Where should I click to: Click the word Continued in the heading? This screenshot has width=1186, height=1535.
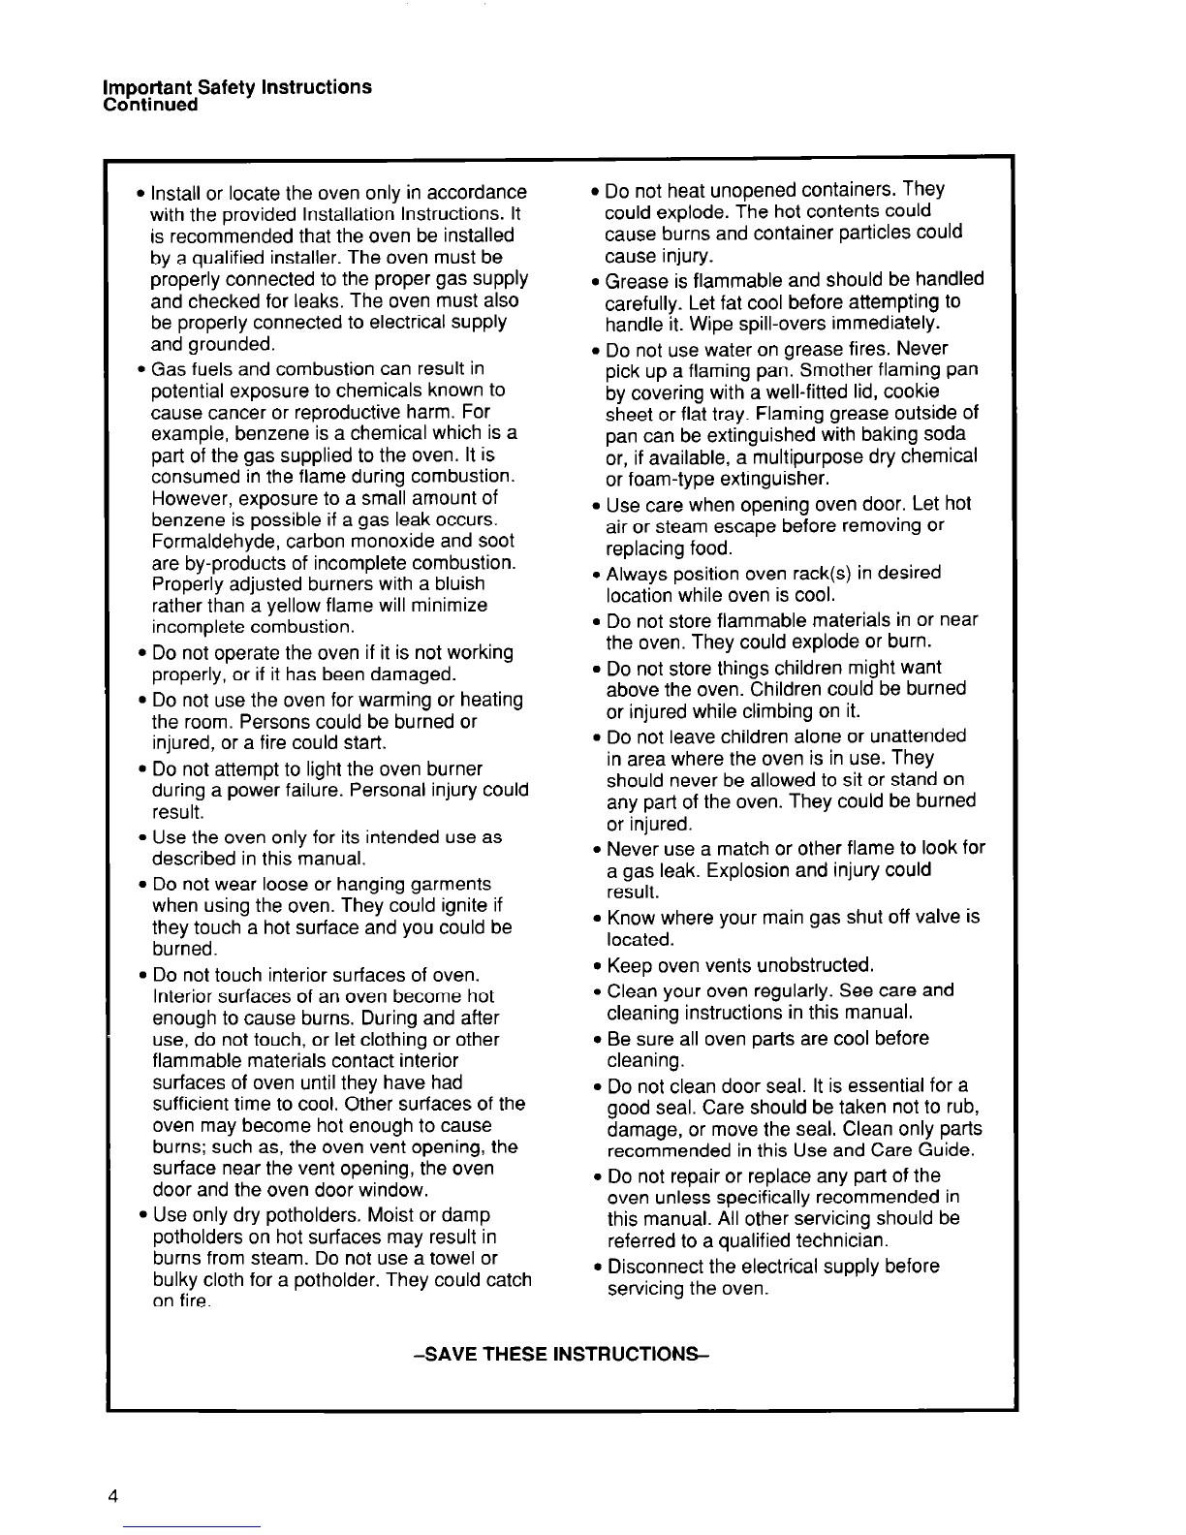[150, 105]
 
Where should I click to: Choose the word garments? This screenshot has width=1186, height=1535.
[445, 884]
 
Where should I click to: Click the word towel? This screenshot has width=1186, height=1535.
[452, 1258]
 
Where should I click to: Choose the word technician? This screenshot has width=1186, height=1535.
[838, 1240]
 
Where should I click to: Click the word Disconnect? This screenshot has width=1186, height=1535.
[655, 1267]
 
